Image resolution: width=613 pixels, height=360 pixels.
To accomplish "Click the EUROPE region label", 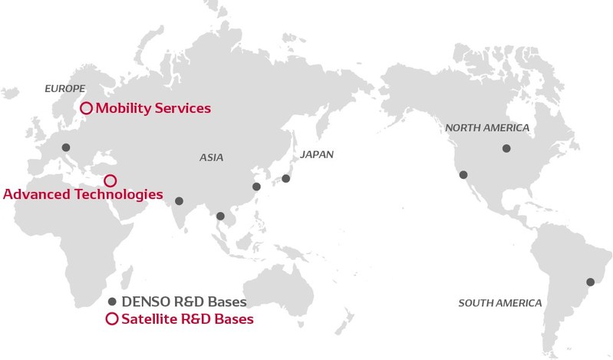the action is (64, 88).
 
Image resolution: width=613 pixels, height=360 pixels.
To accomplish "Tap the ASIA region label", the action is (211, 157).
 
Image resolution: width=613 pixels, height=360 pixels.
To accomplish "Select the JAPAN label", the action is (317, 154).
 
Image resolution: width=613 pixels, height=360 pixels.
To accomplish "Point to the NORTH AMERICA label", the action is (487, 127).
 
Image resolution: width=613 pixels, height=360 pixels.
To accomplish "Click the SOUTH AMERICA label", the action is (499, 302).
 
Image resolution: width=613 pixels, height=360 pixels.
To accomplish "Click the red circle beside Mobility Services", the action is (87, 108).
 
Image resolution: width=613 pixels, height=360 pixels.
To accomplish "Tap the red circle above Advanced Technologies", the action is (110, 180).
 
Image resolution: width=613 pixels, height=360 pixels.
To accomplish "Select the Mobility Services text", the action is (153, 108).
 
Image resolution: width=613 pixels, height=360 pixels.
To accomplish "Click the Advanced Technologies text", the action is (83, 194).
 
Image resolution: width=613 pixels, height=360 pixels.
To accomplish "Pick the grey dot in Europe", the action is (66, 147).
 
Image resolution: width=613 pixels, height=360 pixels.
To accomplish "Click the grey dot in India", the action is (179, 201).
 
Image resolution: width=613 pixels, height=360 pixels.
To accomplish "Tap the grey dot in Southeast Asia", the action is (221, 216).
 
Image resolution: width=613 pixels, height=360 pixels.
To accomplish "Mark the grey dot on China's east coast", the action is (256, 187).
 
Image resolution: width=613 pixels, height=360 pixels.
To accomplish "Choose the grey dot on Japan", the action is (285, 179).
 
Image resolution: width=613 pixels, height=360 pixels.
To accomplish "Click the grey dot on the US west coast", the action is (463, 175).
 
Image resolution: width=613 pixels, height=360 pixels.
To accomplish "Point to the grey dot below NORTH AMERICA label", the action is (506, 148).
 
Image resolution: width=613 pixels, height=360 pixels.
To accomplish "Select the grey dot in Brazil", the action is (590, 282).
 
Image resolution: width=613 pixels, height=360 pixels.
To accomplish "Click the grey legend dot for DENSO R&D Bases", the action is (112, 302).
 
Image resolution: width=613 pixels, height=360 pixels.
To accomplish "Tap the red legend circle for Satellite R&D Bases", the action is (112, 319).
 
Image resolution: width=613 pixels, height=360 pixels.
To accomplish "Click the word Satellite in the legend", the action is (147, 319).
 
